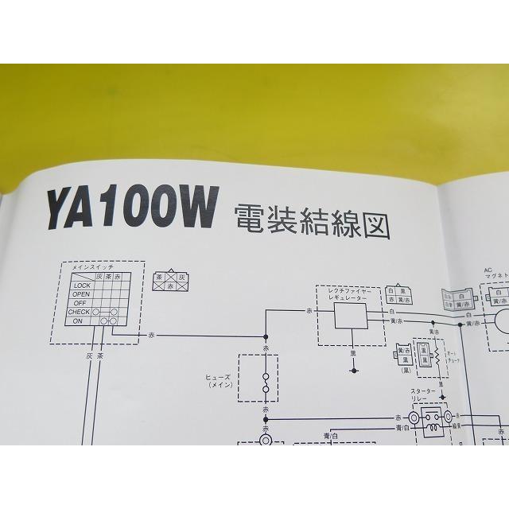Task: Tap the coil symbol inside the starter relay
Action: click(x=434, y=426)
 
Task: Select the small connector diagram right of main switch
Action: click(x=170, y=281)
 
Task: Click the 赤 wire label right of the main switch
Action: click(x=152, y=337)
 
